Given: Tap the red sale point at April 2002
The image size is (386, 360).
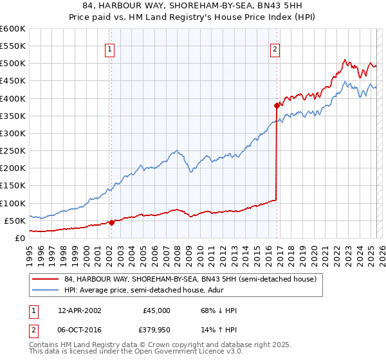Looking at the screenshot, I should [x=111, y=222].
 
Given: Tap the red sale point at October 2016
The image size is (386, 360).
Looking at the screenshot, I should [x=277, y=105].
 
